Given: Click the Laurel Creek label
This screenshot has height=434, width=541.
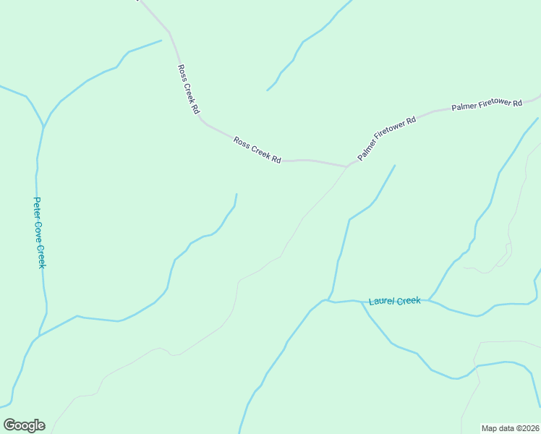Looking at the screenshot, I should point(394,300).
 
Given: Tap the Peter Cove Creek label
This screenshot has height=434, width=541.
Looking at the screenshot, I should point(40,233).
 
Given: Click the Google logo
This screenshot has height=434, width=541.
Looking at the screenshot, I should point(24,425).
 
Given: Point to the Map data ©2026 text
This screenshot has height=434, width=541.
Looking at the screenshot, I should point(510,427).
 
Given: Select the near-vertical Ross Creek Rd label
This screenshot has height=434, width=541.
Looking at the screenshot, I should point(187,90).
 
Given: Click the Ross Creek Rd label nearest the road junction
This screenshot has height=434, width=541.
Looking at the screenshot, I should point(257,150).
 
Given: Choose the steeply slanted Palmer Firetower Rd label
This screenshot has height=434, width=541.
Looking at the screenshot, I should point(387,137).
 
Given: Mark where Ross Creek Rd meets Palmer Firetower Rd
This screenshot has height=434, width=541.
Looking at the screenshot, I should point(348,166).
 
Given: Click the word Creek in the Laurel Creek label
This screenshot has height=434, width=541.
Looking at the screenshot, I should point(408,300).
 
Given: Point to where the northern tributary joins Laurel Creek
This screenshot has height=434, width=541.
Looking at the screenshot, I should point(329,299).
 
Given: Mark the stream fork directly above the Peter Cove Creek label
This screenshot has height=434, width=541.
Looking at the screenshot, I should point(43,128).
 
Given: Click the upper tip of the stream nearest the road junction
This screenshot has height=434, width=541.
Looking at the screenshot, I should point(395,166).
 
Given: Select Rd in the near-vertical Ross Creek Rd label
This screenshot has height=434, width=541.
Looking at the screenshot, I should point(195,109).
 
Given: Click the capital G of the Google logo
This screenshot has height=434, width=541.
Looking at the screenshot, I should point(9,425).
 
